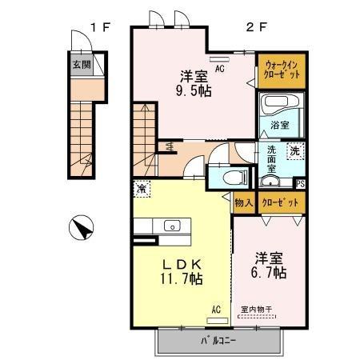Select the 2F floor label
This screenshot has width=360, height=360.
point(254,27)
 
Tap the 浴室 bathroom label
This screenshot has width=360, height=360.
point(279,126)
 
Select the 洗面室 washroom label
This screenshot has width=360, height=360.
point(273,158)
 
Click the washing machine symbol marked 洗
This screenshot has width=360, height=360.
point(294,150)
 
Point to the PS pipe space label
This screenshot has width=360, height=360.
point(301,184)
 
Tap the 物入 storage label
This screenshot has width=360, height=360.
point(244,204)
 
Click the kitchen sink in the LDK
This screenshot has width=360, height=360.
point(173,226)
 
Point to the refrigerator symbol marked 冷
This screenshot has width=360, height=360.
point(141,189)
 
